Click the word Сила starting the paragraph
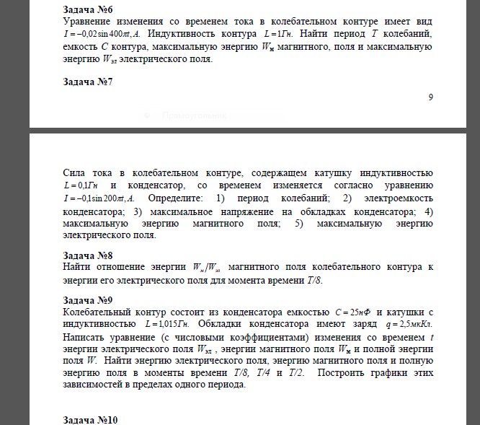click(74, 173)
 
